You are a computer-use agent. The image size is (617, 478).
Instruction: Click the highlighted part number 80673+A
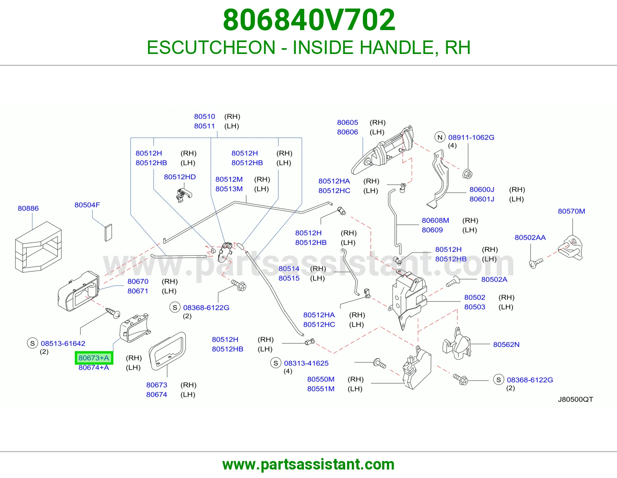tap(94, 358)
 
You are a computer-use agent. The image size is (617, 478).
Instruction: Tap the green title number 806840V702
tap(309, 20)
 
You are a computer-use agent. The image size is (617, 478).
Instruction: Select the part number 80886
tap(28, 208)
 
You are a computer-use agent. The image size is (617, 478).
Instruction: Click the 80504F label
tap(87, 205)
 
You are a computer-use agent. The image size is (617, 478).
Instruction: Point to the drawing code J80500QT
tap(575, 399)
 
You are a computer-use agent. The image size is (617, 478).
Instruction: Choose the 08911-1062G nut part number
tap(471, 137)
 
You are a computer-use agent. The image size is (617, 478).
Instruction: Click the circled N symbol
tap(440, 137)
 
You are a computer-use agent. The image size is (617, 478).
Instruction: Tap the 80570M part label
tap(571, 211)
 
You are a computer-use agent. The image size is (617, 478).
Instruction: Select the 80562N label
tap(506, 345)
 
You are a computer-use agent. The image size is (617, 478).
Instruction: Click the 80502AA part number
tap(530, 237)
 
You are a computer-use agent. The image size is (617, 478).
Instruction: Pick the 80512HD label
tap(180, 177)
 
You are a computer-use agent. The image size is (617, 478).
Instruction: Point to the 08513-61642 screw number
tap(63, 343)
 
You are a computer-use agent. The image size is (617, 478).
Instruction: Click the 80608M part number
tap(435, 220)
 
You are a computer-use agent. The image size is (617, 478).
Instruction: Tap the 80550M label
tap(321, 379)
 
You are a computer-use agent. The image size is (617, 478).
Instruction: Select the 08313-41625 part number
tap(306, 363)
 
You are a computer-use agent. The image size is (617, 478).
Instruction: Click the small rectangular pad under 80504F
tap(108, 233)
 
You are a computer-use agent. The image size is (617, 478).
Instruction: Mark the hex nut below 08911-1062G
tap(467, 174)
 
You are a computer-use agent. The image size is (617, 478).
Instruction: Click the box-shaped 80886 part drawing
tap(38, 247)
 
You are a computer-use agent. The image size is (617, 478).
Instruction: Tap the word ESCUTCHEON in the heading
tap(211, 47)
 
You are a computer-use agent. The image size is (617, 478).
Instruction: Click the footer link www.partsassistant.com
tap(308, 465)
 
